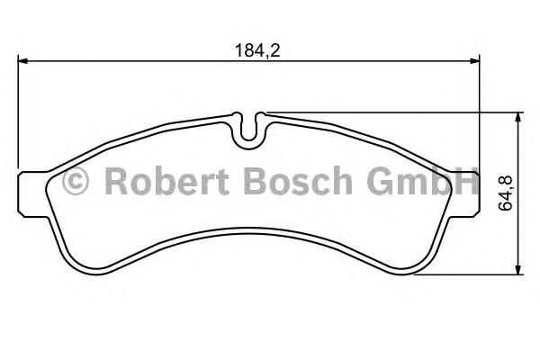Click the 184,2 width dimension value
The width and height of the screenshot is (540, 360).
point(257,50)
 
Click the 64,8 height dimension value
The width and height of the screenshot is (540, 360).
point(506,193)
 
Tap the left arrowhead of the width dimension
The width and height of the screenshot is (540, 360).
point(22,61)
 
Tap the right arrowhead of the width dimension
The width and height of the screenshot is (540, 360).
point(474,61)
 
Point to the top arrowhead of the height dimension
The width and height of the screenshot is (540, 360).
point(517,117)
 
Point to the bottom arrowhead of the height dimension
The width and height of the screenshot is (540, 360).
point(517,270)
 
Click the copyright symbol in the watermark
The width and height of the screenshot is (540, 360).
point(76,181)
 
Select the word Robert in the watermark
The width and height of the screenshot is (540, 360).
point(167,180)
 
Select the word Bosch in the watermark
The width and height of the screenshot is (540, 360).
point(298,180)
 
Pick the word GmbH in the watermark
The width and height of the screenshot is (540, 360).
point(423,180)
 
